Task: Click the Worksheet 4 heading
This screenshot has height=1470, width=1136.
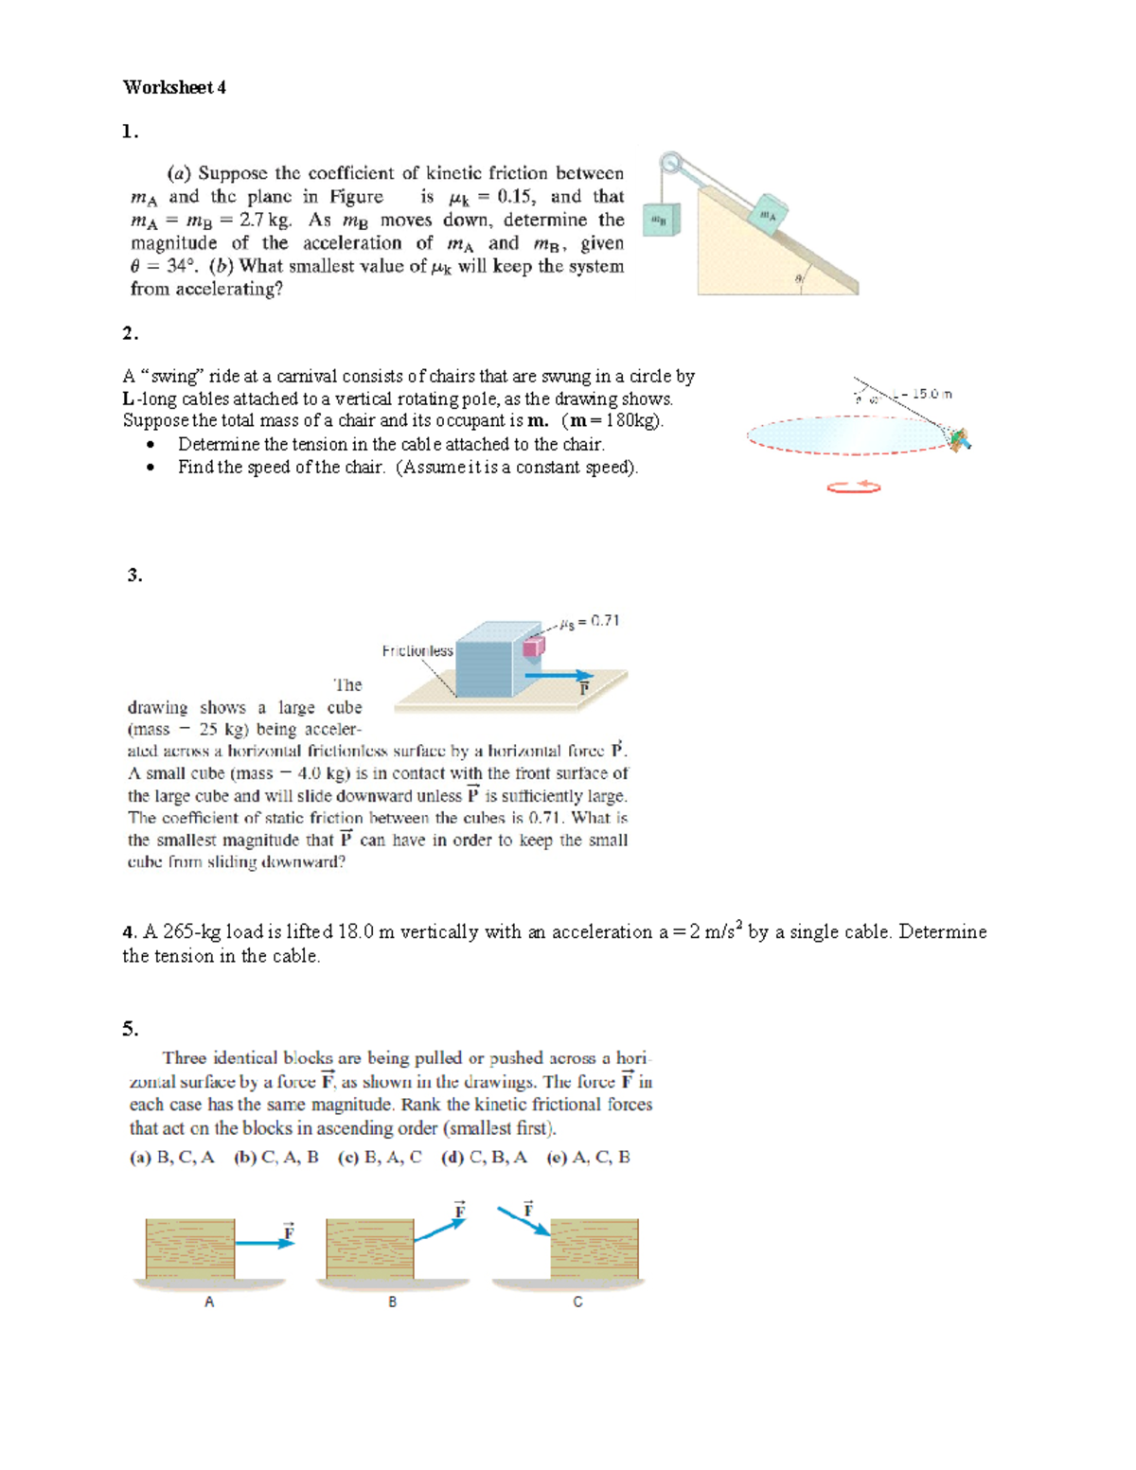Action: pos(174,87)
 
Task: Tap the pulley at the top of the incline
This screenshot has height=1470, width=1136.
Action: pos(671,163)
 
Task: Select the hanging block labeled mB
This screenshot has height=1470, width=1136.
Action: pos(661,220)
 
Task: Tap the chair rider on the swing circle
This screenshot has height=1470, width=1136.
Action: pos(960,440)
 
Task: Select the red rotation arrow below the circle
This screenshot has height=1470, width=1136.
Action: pos(853,487)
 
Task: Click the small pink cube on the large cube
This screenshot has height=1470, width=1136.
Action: pos(534,646)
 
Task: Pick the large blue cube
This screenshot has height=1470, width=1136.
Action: pos(488,660)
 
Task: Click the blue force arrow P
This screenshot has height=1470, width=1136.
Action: pos(558,676)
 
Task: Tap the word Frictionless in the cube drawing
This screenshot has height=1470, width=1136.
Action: pos(417,651)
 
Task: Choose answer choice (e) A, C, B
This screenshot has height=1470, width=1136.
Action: pos(588,1157)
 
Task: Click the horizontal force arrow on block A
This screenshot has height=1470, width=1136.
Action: pos(264,1243)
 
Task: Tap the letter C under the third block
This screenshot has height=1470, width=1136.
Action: pos(577,1302)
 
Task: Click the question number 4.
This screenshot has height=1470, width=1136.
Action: pos(129,932)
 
